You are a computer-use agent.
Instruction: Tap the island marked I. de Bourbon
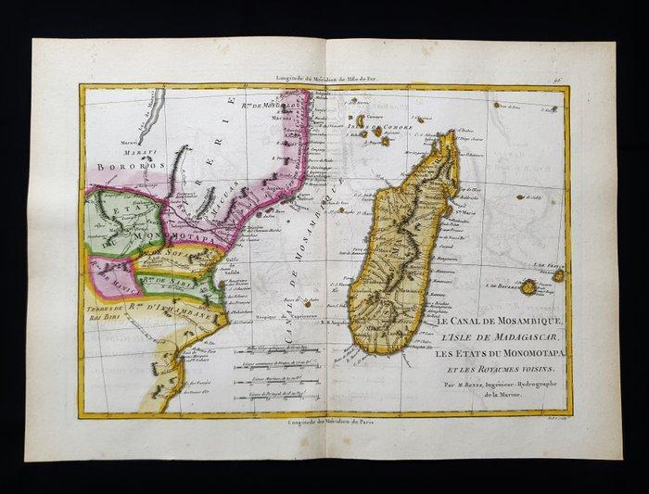click(x=528, y=286)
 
